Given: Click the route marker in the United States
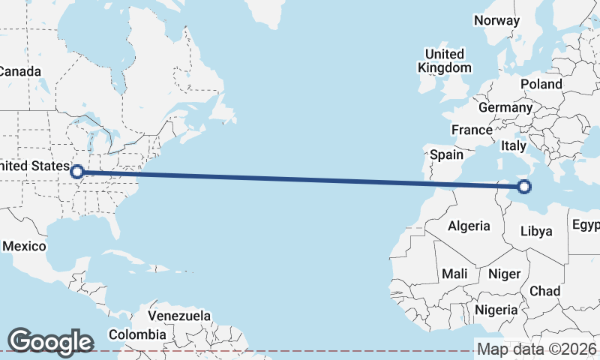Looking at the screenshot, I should [76, 172].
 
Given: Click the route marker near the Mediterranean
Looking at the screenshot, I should [524, 187].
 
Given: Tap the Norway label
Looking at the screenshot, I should [496, 20].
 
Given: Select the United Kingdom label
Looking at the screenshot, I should [445, 61].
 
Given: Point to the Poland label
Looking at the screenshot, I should [541, 84].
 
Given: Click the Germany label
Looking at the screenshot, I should [505, 108].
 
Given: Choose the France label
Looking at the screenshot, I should [472, 130].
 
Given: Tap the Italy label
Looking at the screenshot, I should [514, 145].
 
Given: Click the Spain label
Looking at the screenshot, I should [446, 155].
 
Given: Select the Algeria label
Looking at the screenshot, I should [469, 226].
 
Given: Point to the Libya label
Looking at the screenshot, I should [536, 231].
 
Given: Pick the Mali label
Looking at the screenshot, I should [454, 274].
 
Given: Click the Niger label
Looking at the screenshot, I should [504, 274].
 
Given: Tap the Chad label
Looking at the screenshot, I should [544, 290].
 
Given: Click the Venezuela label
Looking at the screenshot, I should [179, 316].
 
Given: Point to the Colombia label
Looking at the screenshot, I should [137, 334].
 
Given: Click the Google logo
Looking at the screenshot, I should [50, 342].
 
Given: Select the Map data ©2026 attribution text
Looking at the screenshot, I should [537, 349].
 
